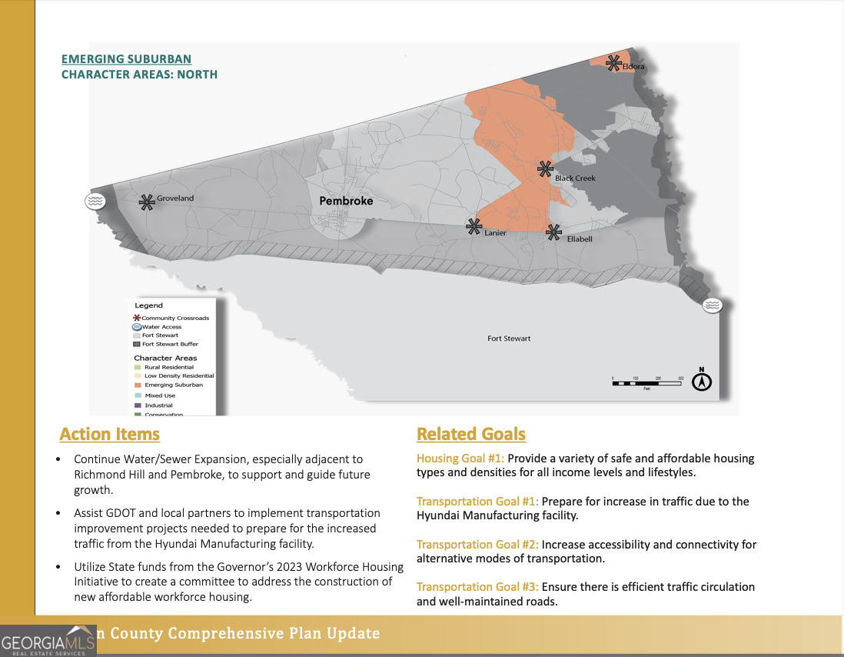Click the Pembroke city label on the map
(346, 201)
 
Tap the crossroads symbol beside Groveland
(146, 202)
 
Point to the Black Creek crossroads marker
(545, 168)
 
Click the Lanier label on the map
(495, 233)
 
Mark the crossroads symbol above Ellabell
(553, 230)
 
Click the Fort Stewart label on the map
(509, 339)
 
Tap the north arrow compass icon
(702, 381)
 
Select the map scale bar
(648, 382)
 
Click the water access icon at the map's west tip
(94, 201)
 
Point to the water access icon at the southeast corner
(713, 305)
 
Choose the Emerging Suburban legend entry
(173, 385)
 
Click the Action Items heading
(110, 434)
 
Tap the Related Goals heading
(471, 434)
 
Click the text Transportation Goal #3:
(477, 587)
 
